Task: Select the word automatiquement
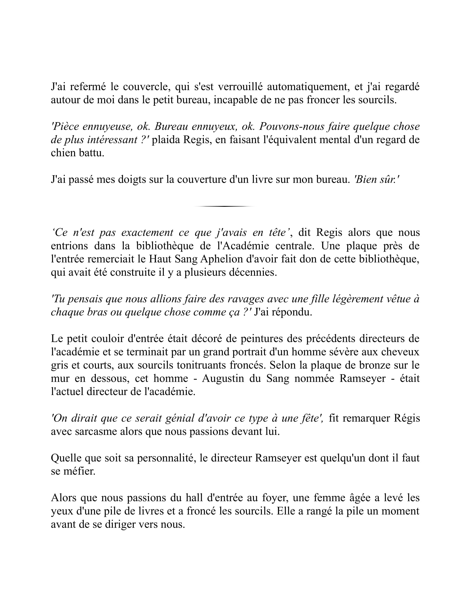tap(308, 87)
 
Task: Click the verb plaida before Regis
tap(166, 140)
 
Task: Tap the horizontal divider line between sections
tap(224, 206)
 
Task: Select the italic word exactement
tap(147, 233)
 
